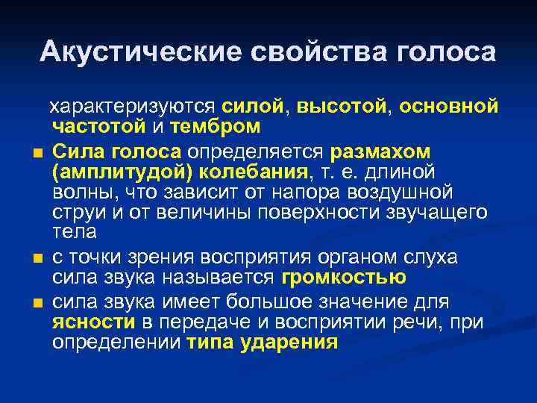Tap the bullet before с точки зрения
pyautogui.click(x=37, y=260)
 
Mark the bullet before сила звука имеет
pyautogui.click(x=37, y=304)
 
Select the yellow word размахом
pyautogui.click(x=380, y=151)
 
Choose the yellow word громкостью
pyautogui.click(x=344, y=278)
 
